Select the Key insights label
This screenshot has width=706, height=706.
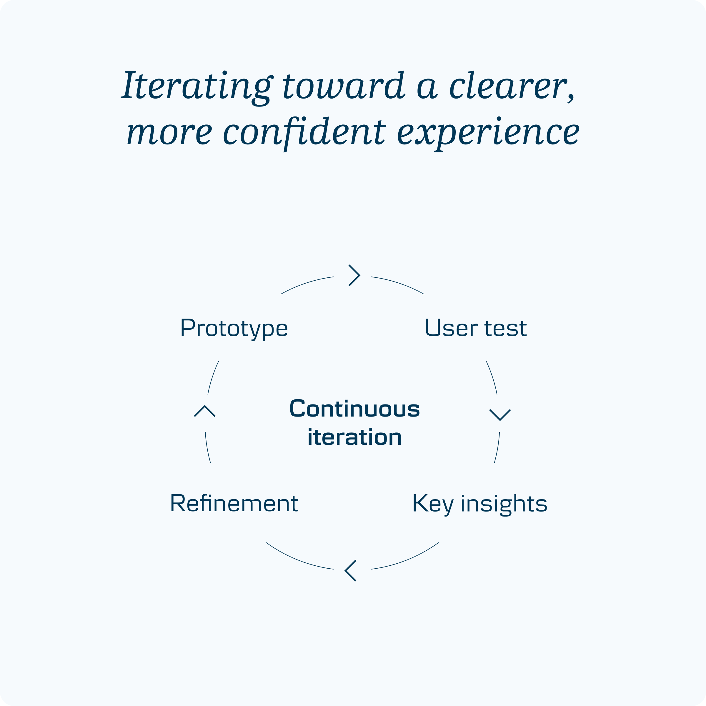pos(479,504)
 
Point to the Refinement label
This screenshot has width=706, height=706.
pos(234,503)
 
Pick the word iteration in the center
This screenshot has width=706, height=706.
pos(354,437)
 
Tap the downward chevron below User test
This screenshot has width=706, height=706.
pos(499,414)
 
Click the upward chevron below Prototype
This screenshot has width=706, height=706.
pos(205,411)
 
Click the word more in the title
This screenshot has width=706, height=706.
pos(169,132)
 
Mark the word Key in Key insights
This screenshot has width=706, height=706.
pos(433,504)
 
